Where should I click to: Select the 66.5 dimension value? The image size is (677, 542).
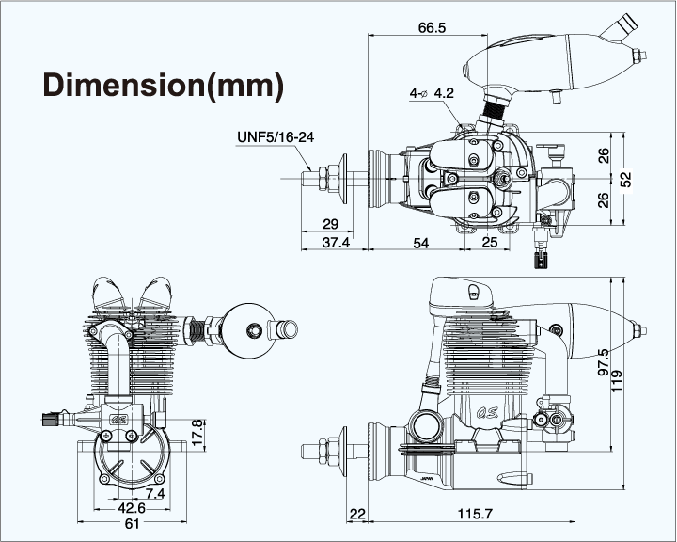tap(432, 28)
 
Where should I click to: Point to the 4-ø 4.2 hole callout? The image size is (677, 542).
tap(432, 93)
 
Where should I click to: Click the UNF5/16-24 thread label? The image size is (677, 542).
tap(275, 137)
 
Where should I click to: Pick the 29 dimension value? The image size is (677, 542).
tap(329, 224)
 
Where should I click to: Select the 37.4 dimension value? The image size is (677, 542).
tap(335, 243)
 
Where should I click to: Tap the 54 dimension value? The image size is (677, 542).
tap(420, 243)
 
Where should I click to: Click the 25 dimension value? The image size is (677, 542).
tap(489, 243)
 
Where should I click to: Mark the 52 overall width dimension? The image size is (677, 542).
tap(626, 176)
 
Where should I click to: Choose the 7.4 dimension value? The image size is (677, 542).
tap(155, 493)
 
